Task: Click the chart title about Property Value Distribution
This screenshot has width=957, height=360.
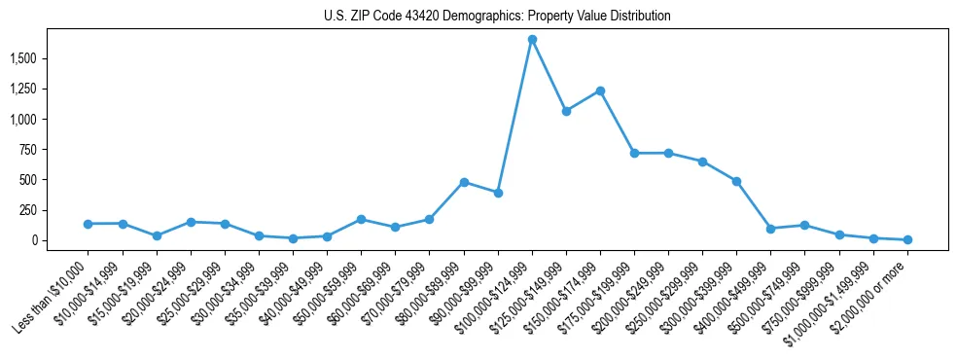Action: [497, 17]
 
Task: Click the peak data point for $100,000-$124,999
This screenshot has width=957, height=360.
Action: [532, 40]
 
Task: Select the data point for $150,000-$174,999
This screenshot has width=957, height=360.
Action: [600, 90]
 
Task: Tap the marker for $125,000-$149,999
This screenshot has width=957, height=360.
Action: [566, 111]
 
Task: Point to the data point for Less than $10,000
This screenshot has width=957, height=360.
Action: [89, 224]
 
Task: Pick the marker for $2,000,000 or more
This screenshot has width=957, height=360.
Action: [907, 239]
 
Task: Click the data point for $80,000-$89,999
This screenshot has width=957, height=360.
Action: [464, 182]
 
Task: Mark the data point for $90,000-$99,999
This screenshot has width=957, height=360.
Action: [498, 193]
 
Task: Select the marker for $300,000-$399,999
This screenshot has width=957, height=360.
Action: [736, 181]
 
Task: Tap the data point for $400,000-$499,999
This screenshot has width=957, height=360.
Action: [770, 229]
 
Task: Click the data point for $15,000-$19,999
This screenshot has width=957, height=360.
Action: [157, 235]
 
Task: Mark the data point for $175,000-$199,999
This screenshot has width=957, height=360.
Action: [634, 153]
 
